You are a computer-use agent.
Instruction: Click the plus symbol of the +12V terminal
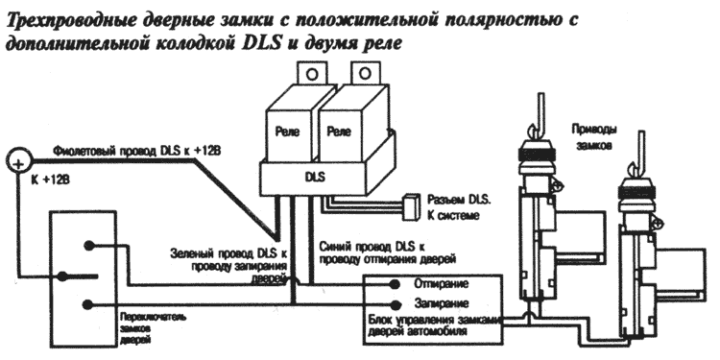pyautogui.click(x=18, y=162)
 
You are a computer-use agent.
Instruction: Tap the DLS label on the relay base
pyautogui.click(x=315, y=177)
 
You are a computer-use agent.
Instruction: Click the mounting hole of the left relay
pyautogui.click(x=312, y=74)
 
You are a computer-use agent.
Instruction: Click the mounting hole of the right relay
pyautogui.click(x=365, y=74)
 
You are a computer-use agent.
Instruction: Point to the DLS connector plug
pyautogui.click(x=410, y=206)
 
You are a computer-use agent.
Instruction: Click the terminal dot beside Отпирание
pyautogui.click(x=395, y=285)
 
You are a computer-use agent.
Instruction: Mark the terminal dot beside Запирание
pyautogui.click(x=395, y=304)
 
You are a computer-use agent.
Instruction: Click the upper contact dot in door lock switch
pyautogui.click(x=88, y=246)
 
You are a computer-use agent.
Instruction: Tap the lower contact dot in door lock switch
pyautogui.click(x=88, y=304)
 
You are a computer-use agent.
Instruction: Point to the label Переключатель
pyautogui.click(x=153, y=318)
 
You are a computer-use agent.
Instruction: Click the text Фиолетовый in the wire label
pyautogui.click(x=84, y=151)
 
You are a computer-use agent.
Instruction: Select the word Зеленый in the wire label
pyautogui.click(x=189, y=253)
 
